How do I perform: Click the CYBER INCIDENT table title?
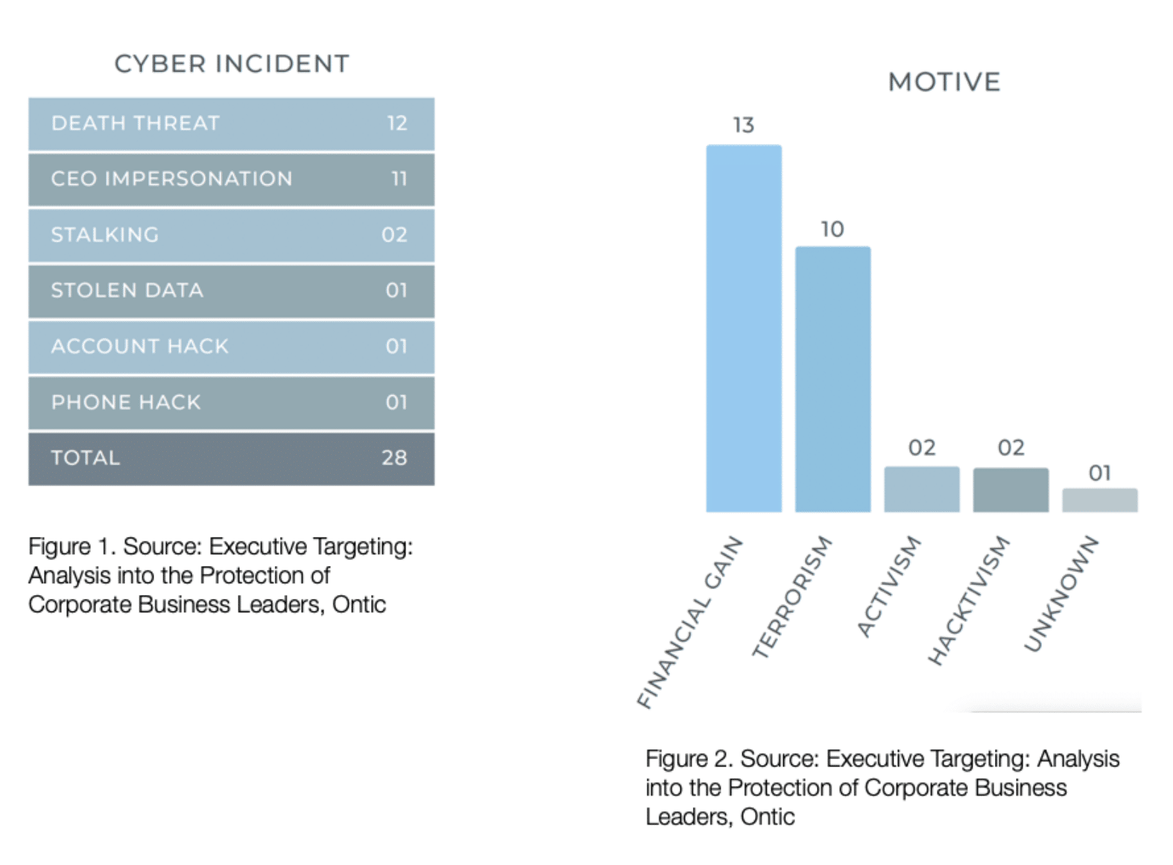coord(231,64)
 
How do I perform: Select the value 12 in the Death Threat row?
coord(396,123)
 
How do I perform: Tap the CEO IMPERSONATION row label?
coord(171,179)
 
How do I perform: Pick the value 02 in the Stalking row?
coord(394,235)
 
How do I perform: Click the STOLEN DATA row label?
coord(127,291)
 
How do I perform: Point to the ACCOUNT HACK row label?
coord(139,347)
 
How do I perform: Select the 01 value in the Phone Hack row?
coord(396,403)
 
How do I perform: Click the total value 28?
coord(394,458)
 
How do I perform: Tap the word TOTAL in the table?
coord(85,458)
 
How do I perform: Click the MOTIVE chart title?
coord(943,82)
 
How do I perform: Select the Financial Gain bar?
coord(743,328)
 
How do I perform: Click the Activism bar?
coord(921,489)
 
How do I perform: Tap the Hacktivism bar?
coord(1011,490)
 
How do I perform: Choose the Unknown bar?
coord(1099,500)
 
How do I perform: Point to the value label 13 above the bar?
coord(743,125)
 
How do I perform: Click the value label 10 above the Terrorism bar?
coord(832,229)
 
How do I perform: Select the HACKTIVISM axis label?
coord(969,601)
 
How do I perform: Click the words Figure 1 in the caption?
coord(71,547)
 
